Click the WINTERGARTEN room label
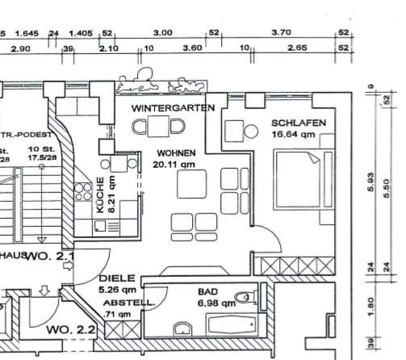(174, 107)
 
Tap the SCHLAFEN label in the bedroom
(298, 123)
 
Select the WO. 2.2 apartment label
(71, 330)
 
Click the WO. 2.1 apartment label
(51, 257)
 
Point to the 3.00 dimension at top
(162, 32)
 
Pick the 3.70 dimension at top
(280, 32)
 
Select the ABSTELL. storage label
(119, 303)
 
